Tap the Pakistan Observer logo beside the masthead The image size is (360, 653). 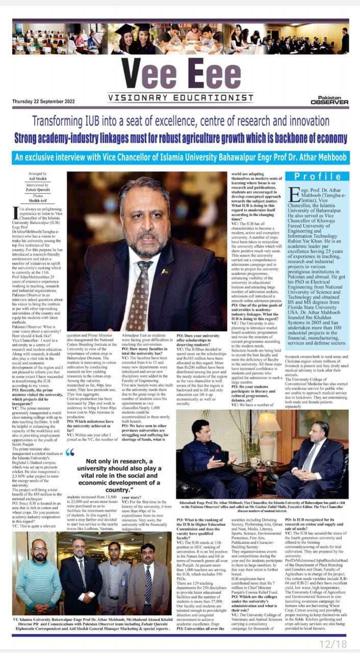(330, 99)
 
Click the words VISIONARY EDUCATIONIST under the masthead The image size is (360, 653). (181, 97)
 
